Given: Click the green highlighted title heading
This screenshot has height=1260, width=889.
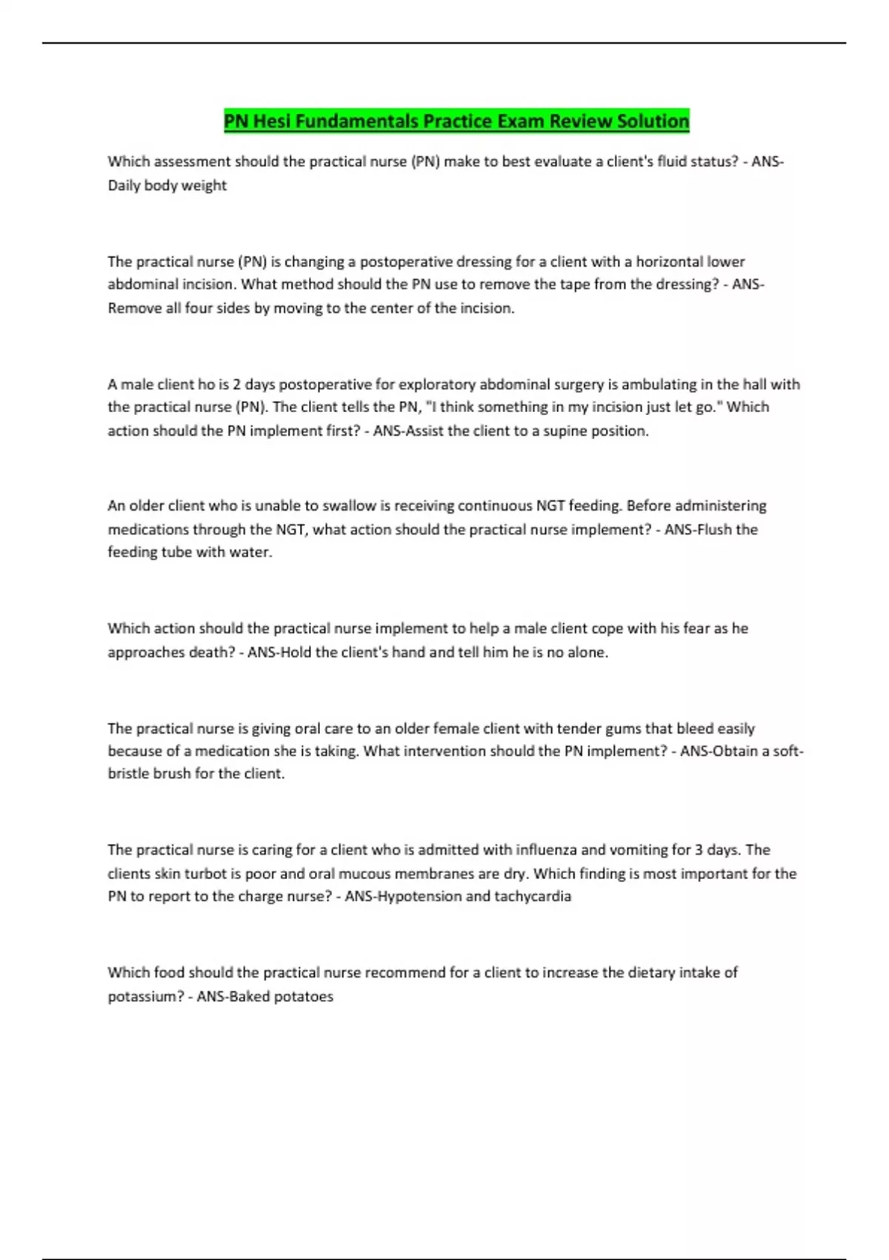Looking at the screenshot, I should click(456, 121).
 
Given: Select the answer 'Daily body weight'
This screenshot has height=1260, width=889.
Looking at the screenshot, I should click(167, 185).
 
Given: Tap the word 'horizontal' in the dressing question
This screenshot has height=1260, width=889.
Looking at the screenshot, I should click(669, 262).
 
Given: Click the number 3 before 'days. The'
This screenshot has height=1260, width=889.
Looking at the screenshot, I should click(699, 850).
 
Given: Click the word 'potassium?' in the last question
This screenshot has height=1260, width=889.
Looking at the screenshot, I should click(145, 996).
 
